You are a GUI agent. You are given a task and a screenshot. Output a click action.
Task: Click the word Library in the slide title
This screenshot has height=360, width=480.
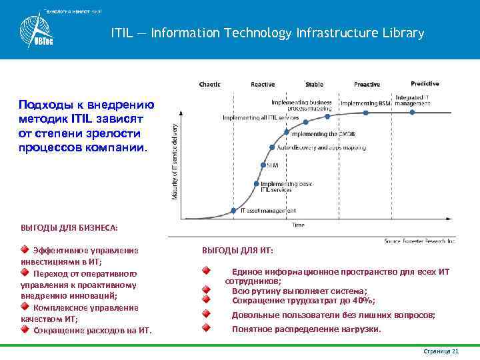click(x=400, y=33)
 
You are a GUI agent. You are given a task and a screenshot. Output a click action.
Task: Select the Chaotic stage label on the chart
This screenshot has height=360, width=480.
click(x=210, y=84)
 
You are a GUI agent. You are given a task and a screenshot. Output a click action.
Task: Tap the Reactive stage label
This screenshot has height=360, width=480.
click(x=262, y=84)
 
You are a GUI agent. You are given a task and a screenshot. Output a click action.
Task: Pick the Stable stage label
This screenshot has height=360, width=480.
click(x=314, y=84)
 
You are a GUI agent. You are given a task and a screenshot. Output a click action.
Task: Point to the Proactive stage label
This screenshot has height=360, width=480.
click(x=367, y=84)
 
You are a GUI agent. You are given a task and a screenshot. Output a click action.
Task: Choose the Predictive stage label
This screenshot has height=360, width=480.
click(x=425, y=83)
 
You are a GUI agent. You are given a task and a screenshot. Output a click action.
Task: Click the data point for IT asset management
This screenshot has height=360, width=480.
click(x=233, y=211)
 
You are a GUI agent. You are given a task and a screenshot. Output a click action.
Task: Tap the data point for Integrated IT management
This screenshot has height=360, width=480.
click(x=413, y=112)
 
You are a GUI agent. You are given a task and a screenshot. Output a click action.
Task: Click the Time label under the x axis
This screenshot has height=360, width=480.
click(x=298, y=225)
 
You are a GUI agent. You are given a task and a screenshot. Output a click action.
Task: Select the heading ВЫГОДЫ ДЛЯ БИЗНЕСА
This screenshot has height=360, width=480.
click(x=69, y=229)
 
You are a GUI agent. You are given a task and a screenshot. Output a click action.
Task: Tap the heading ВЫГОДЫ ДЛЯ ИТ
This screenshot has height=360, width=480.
click(x=237, y=251)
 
